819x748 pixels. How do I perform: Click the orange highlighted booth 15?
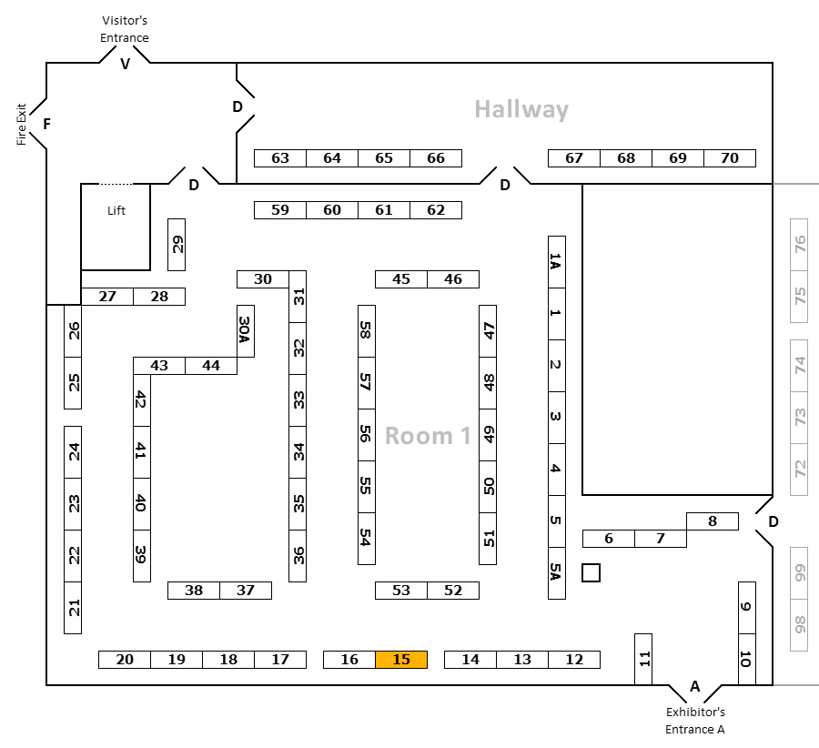[x=401, y=660]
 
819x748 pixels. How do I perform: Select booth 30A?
[x=245, y=330]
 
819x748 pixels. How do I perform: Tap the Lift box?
[x=116, y=225]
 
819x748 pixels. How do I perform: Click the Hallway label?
[x=521, y=110]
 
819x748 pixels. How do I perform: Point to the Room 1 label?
[x=428, y=436]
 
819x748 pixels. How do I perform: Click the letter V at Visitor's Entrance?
[x=126, y=64]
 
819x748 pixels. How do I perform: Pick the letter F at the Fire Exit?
[x=45, y=124]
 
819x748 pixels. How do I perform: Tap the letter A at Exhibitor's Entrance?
[x=695, y=685]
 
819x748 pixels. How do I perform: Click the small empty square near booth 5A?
[x=591, y=572]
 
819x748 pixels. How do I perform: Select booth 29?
[x=177, y=245]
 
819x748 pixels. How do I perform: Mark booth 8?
[x=712, y=521]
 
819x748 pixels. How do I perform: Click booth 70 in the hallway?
[x=730, y=158]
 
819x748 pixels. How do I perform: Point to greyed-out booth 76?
[x=800, y=245]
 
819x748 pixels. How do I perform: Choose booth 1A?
[x=556, y=262]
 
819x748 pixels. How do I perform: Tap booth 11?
[x=643, y=659]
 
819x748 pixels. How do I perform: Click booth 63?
[x=280, y=158]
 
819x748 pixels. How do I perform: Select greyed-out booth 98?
[x=800, y=625]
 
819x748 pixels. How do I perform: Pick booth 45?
[x=401, y=279]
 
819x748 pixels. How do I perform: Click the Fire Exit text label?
[x=21, y=124]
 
